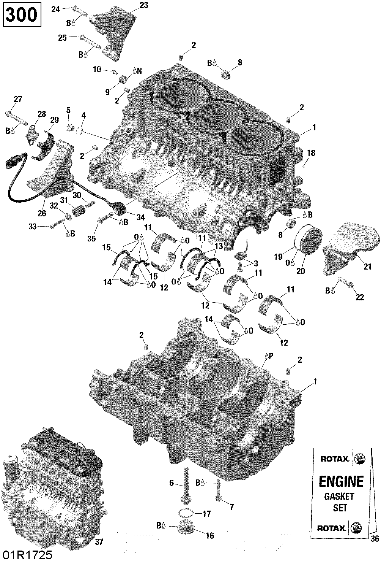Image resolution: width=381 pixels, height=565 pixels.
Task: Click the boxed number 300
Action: pos(22,15)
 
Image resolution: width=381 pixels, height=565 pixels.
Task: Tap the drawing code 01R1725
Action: pos(26,555)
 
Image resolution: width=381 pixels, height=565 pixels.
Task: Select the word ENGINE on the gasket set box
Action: pos(341,481)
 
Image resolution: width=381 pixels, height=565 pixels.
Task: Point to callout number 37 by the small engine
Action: pos(99,542)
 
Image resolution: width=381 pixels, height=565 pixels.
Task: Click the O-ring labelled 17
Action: pos(185,513)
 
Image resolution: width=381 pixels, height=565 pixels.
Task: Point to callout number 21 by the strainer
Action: pos(367,267)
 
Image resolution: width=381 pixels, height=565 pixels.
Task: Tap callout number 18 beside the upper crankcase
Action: pos(311,153)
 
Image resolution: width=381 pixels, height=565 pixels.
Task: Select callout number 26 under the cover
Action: pos(42,213)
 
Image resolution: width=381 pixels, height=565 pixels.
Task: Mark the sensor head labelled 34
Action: pos(120,208)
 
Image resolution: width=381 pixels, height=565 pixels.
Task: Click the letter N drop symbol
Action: pos(137,71)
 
